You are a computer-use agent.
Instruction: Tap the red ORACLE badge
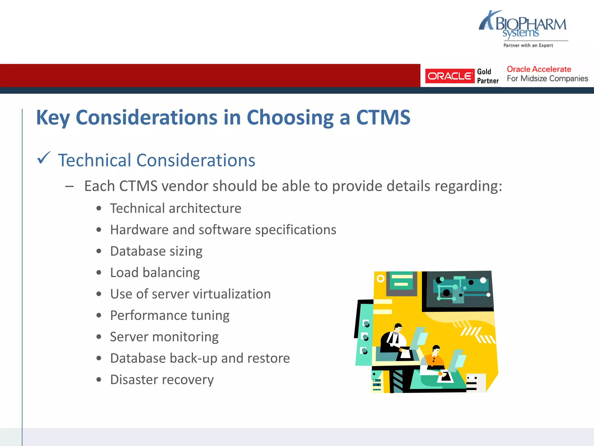coord(450,76)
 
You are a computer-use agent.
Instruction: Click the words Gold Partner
coord(488,76)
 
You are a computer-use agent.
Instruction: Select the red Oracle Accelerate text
coord(539,69)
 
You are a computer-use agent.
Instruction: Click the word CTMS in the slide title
coord(383,118)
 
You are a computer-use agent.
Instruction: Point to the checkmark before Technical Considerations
coord(44,158)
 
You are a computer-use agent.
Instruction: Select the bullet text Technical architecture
coord(175,208)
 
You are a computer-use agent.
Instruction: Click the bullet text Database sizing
coord(156,251)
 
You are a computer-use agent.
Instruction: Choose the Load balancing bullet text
coord(155,273)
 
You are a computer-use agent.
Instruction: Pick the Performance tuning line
coord(170,315)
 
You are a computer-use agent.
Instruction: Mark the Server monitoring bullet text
coord(164,337)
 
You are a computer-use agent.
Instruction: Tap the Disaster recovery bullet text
coord(162,380)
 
